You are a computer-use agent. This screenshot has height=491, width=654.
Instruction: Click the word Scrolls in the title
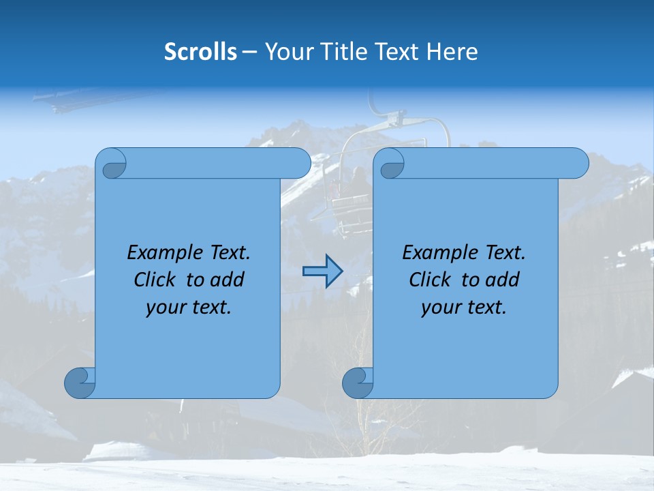[200, 52]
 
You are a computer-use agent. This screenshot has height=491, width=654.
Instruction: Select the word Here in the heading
[452, 52]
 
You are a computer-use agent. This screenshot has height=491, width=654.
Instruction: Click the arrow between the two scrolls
[322, 271]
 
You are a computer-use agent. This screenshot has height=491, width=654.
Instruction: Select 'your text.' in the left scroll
[189, 308]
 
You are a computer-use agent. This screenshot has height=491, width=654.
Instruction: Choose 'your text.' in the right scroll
[464, 308]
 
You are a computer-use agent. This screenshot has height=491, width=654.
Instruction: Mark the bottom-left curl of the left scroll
[80, 383]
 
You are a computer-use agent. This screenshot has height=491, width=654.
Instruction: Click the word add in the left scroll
[227, 280]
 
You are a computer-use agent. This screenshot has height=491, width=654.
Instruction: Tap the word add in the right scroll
[502, 280]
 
